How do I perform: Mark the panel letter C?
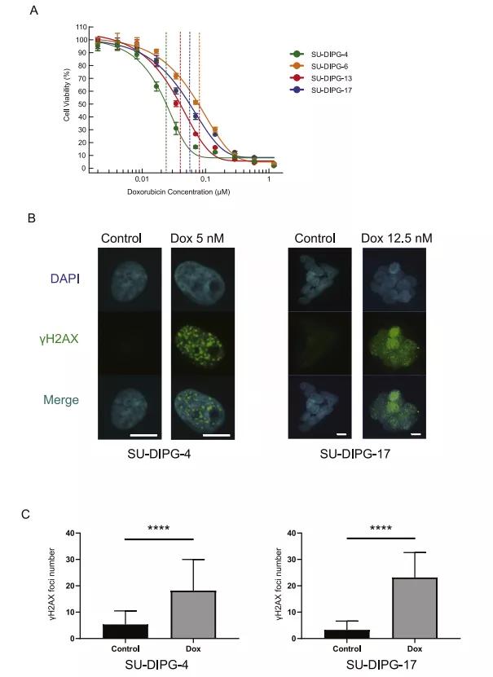[27, 514]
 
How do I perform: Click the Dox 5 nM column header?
[197, 238]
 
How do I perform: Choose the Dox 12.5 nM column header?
[396, 238]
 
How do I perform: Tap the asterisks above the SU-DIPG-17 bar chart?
[381, 529]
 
